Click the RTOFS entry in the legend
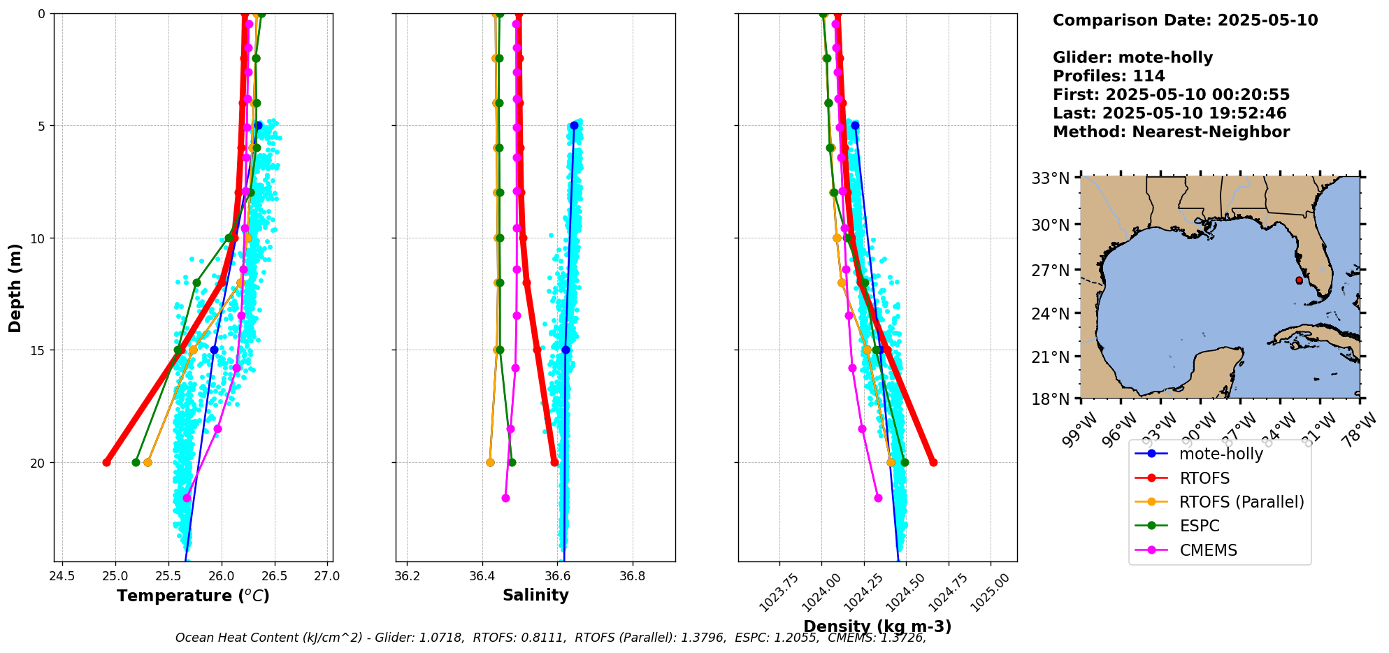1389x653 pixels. click(1204, 478)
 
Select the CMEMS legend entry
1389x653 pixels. click(1208, 550)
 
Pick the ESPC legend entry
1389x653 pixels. click(1199, 526)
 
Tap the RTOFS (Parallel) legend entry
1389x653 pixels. click(1241, 502)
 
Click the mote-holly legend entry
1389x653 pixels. click(1221, 454)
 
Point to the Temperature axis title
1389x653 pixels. click(193, 596)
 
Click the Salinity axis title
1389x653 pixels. click(535, 595)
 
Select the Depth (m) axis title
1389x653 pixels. click(15, 287)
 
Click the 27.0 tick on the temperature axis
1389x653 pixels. click(327, 576)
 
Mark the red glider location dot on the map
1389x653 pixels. click(1299, 280)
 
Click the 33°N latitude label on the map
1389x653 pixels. click(1051, 178)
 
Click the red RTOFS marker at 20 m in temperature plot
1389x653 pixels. click(106, 462)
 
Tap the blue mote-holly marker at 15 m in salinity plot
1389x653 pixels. click(566, 350)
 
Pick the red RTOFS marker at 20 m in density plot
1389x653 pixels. click(933, 462)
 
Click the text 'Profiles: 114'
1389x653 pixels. click(1109, 76)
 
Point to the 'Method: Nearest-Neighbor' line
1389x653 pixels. click(1171, 131)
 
